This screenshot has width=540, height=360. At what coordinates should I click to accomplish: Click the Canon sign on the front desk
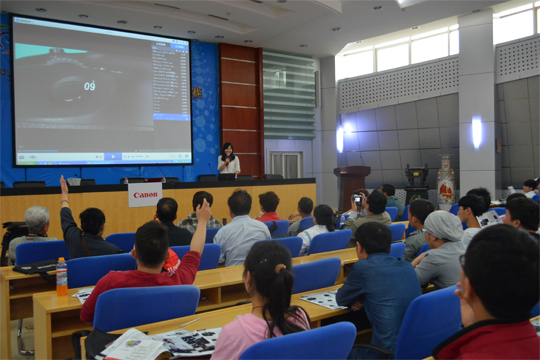pyautogui.click(x=144, y=194)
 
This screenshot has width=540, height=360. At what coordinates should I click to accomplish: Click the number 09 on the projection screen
pyautogui.click(x=90, y=86)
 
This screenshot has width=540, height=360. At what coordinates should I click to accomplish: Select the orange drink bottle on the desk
pyautogui.click(x=62, y=276)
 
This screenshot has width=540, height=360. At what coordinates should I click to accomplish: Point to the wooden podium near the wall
pyautogui.click(x=351, y=184)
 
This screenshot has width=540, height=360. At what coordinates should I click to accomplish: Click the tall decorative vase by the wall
pyautogui.click(x=445, y=182)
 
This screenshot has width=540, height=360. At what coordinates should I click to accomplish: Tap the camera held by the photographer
pyautogui.click(x=358, y=199)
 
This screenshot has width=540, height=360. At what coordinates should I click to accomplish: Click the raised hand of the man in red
pyautogui.click(x=203, y=211)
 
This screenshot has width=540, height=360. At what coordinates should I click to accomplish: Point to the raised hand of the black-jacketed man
pyautogui.click(x=64, y=185)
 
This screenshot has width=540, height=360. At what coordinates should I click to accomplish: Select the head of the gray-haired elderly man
pyautogui.click(x=37, y=218)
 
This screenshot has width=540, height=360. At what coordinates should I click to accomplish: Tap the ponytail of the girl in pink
pyautogui.click(x=271, y=289)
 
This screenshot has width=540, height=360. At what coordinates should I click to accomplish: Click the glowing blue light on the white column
pyautogui.click(x=476, y=131)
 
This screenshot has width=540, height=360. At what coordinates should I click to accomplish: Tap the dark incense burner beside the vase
pyautogui.click(x=416, y=181)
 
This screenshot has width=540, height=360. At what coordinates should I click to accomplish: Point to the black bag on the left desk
pyautogui.click(x=14, y=240)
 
